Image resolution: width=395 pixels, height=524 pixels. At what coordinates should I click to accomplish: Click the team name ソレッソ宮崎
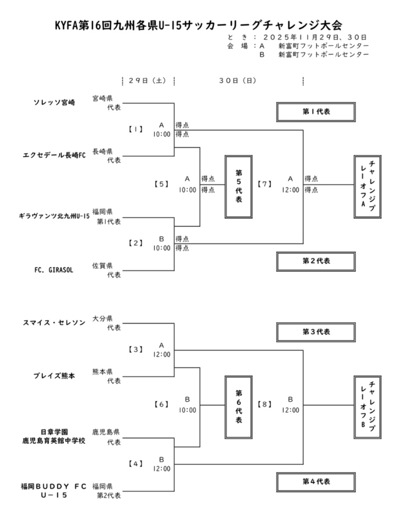coord(55,102)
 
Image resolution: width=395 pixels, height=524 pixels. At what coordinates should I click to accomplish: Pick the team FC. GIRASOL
coord(55,270)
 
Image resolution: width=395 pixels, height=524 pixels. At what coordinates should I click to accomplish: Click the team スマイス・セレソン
coord(55,322)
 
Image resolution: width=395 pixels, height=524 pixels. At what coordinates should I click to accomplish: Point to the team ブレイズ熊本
coord(55,376)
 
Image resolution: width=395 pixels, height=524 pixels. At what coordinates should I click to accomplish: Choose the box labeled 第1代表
coord(316,112)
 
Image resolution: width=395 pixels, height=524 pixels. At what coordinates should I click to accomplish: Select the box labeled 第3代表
coord(316,332)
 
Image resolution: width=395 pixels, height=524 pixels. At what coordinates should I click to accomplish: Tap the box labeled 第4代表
coord(316,481)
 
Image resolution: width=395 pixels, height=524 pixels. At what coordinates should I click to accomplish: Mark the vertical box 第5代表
coord(239,186)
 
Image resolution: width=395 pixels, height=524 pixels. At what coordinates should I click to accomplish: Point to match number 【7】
coord(265,184)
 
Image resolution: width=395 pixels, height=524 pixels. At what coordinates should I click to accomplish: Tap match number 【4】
coord(136,464)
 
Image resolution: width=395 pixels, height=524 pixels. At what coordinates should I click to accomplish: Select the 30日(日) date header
coord(238,81)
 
